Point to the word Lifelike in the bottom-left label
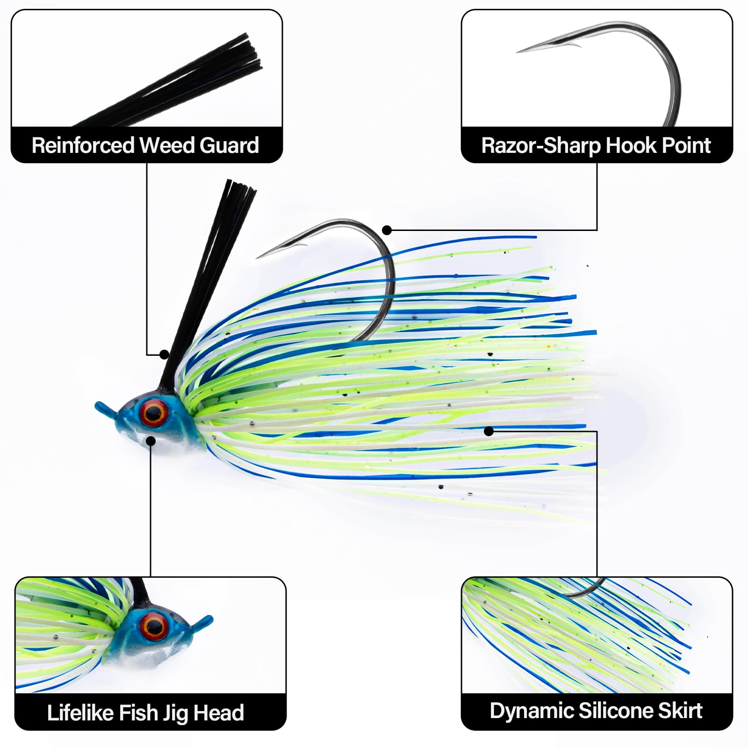(x=79, y=713)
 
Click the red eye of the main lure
(x=155, y=412)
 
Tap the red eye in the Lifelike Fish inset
(x=154, y=626)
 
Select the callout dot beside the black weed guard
(x=164, y=354)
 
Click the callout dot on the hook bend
(x=387, y=230)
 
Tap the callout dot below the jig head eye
(x=151, y=440)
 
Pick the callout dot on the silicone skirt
(x=489, y=431)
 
